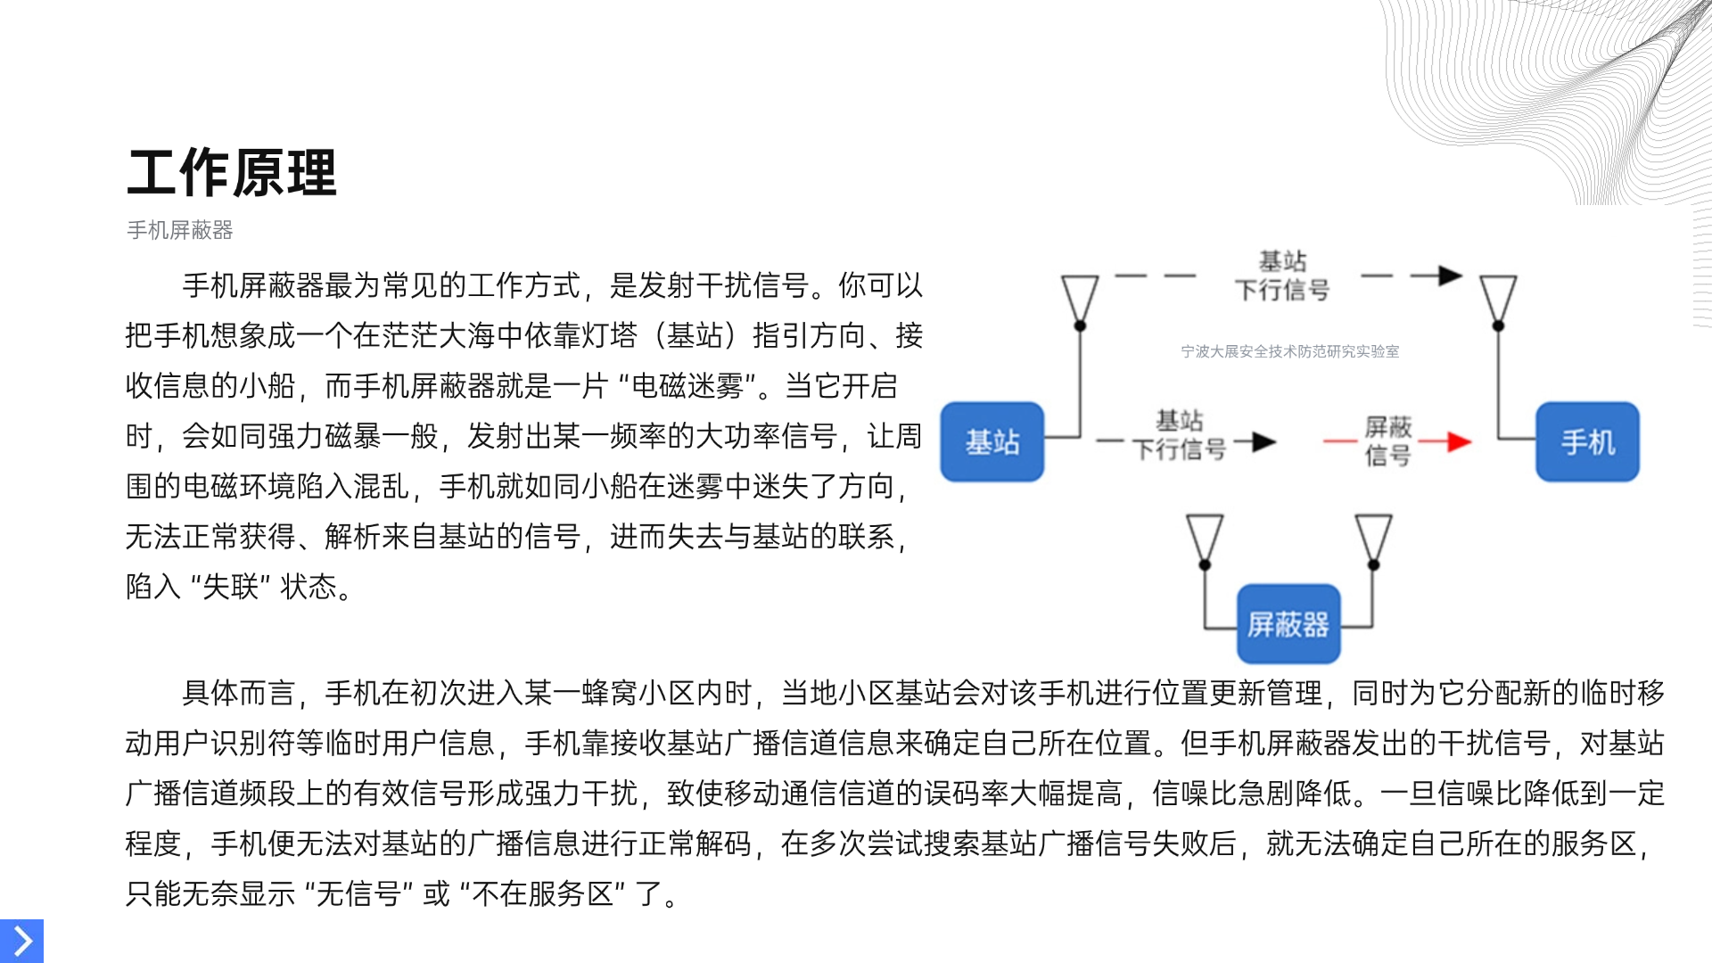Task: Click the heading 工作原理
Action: [232, 173]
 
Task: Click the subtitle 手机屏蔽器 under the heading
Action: [180, 230]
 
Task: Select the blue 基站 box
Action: [992, 442]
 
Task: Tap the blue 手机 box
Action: [1587, 442]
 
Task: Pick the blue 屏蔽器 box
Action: [1288, 624]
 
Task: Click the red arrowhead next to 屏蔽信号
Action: [1459, 441]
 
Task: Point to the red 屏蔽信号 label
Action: [1387, 441]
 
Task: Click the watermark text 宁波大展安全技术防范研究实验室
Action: [1289, 351]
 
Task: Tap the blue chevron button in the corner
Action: [21, 941]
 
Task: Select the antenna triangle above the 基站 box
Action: [1080, 296]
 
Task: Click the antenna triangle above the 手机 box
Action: [1498, 296]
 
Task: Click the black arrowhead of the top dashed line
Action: [1450, 276]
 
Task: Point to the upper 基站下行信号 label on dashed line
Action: [1282, 276]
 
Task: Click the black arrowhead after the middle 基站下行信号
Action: [1263, 441]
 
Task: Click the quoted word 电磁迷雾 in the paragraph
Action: [687, 386]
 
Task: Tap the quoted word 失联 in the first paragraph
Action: [230, 587]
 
